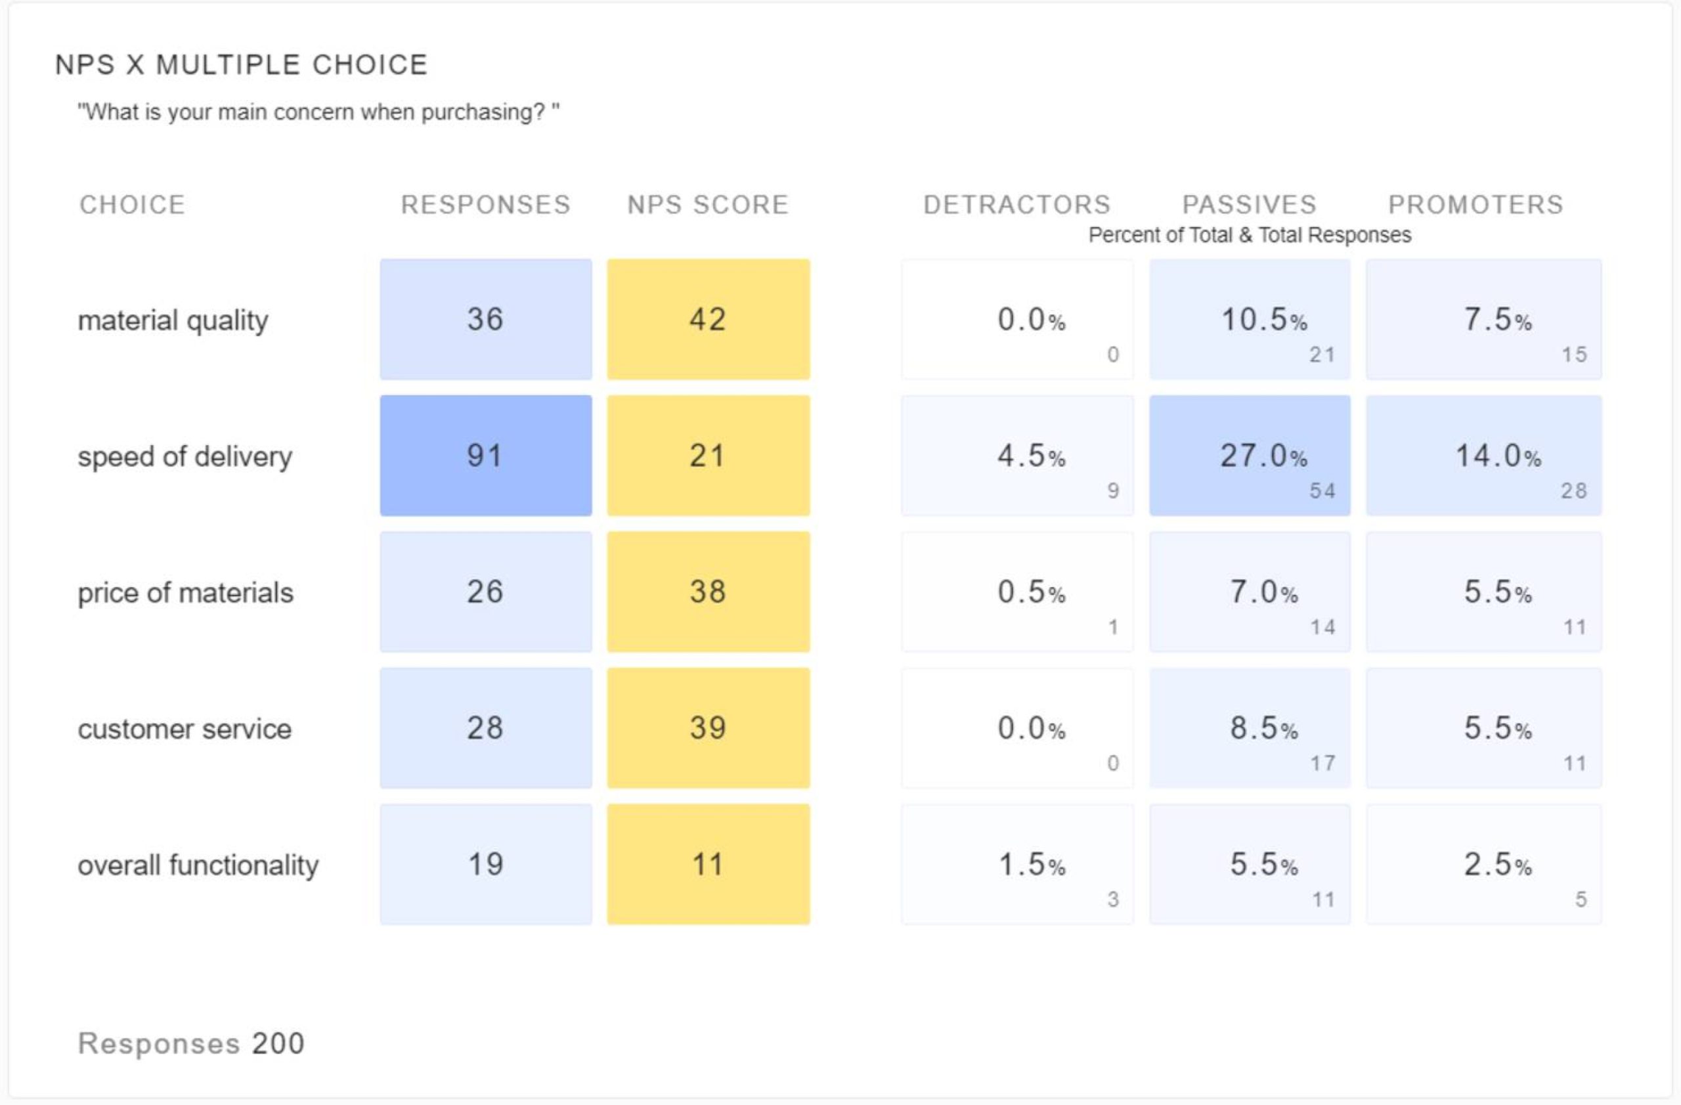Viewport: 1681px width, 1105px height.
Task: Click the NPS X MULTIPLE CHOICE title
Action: pos(241,65)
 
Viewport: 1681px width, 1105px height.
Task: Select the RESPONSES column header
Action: pos(485,205)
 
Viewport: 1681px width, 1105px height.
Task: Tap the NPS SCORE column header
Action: pos(708,205)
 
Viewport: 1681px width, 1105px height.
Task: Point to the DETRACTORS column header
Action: pos(1017,205)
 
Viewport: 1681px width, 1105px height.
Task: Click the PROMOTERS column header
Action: pos(1475,205)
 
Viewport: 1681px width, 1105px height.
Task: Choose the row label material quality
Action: pos(173,320)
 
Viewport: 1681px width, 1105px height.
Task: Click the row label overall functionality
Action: pos(198,865)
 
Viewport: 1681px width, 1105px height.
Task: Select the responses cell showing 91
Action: pos(485,456)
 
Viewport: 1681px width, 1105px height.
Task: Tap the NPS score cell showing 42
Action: pos(708,319)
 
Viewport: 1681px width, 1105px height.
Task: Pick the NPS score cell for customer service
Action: pos(708,728)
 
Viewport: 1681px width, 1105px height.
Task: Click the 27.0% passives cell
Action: pos(1250,456)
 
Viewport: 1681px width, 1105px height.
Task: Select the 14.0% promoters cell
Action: pos(1483,456)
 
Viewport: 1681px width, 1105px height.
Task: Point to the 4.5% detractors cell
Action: pos(1017,456)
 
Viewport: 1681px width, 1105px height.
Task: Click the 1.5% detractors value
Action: pos(1031,865)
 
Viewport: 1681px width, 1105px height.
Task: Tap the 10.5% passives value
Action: pos(1263,320)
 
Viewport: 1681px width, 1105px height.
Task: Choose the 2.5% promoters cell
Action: pos(1483,864)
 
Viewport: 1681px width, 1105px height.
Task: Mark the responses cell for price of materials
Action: pos(485,592)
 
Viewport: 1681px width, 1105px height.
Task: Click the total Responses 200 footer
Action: pos(190,1043)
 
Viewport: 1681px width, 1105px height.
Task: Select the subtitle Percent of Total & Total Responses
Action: pos(1250,235)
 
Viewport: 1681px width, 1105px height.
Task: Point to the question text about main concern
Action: pos(318,112)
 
